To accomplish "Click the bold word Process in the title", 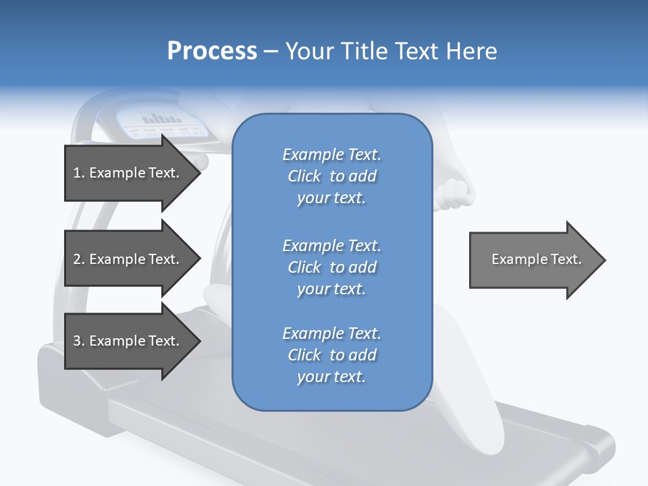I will coord(212,51).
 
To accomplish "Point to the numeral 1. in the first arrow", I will coord(78,173).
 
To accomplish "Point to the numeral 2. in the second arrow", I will coord(78,259).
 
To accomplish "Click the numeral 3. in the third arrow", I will coord(78,341).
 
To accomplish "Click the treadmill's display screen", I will coord(162,120).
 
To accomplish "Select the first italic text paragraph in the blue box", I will coord(331,176).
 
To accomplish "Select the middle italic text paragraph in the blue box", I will coord(331,267).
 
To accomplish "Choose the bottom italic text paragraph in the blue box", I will coord(331,355).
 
